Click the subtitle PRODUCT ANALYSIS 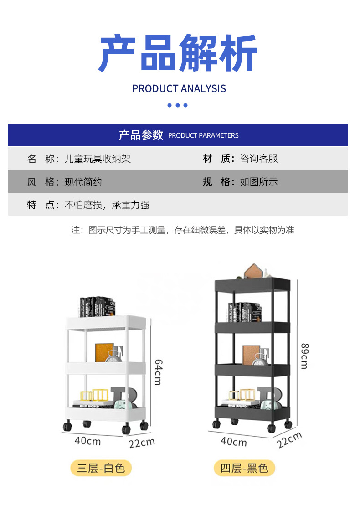click(x=179, y=88)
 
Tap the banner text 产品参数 click(x=141, y=135)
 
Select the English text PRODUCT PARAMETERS click(x=203, y=135)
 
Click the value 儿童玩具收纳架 click(x=98, y=159)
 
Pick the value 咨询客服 click(x=259, y=159)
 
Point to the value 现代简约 click(x=83, y=182)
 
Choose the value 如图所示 click(x=259, y=182)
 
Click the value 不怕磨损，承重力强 click(x=107, y=205)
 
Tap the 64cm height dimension click(x=158, y=371)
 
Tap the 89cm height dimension click(x=303, y=356)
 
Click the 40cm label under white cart click(x=87, y=441)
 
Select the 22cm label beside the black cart click(x=289, y=440)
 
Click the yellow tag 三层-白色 click(x=101, y=468)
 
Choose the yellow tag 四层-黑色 click(x=244, y=468)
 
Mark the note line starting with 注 click(x=182, y=230)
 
